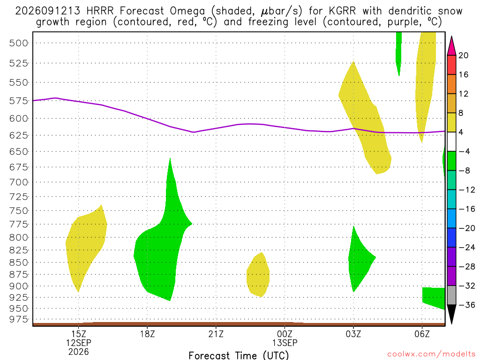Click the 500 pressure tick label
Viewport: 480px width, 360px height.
[x=19, y=43]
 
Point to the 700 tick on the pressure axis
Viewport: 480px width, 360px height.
[x=19, y=182]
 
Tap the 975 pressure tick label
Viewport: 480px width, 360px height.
[x=19, y=319]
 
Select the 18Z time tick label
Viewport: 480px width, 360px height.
[x=147, y=334]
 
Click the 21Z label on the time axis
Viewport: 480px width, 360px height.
[x=216, y=334]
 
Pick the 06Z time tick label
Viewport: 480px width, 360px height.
[x=422, y=334]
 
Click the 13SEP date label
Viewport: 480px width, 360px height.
[x=285, y=343]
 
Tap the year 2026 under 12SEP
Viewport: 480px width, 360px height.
[x=79, y=352]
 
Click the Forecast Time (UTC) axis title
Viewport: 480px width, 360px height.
[x=239, y=355]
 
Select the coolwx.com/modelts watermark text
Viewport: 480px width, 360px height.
[x=431, y=354]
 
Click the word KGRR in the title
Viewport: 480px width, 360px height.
[x=342, y=11]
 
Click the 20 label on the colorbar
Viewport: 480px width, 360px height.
[x=464, y=55]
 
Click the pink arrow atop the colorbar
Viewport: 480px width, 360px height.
[x=451, y=45]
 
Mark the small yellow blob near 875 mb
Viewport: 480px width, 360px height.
[x=258, y=275]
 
